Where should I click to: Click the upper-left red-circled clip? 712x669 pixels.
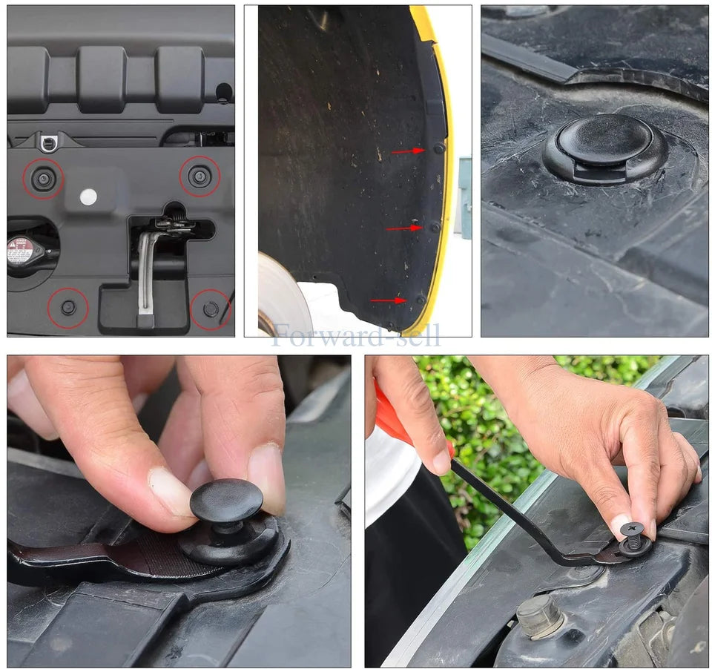[42, 178]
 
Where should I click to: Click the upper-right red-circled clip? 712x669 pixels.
[200, 177]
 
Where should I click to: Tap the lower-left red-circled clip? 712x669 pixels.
[68, 307]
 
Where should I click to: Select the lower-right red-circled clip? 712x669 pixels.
[211, 309]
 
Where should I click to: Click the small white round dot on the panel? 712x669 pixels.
[88, 197]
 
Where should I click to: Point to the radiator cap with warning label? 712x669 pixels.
[22, 251]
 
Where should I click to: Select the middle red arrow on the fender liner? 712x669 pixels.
[403, 228]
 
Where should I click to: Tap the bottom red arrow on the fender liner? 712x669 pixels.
[389, 300]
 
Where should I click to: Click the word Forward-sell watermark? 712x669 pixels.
[356, 335]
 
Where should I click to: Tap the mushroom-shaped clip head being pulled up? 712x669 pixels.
[226, 501]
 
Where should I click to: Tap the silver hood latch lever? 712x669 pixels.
[146, 274]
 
